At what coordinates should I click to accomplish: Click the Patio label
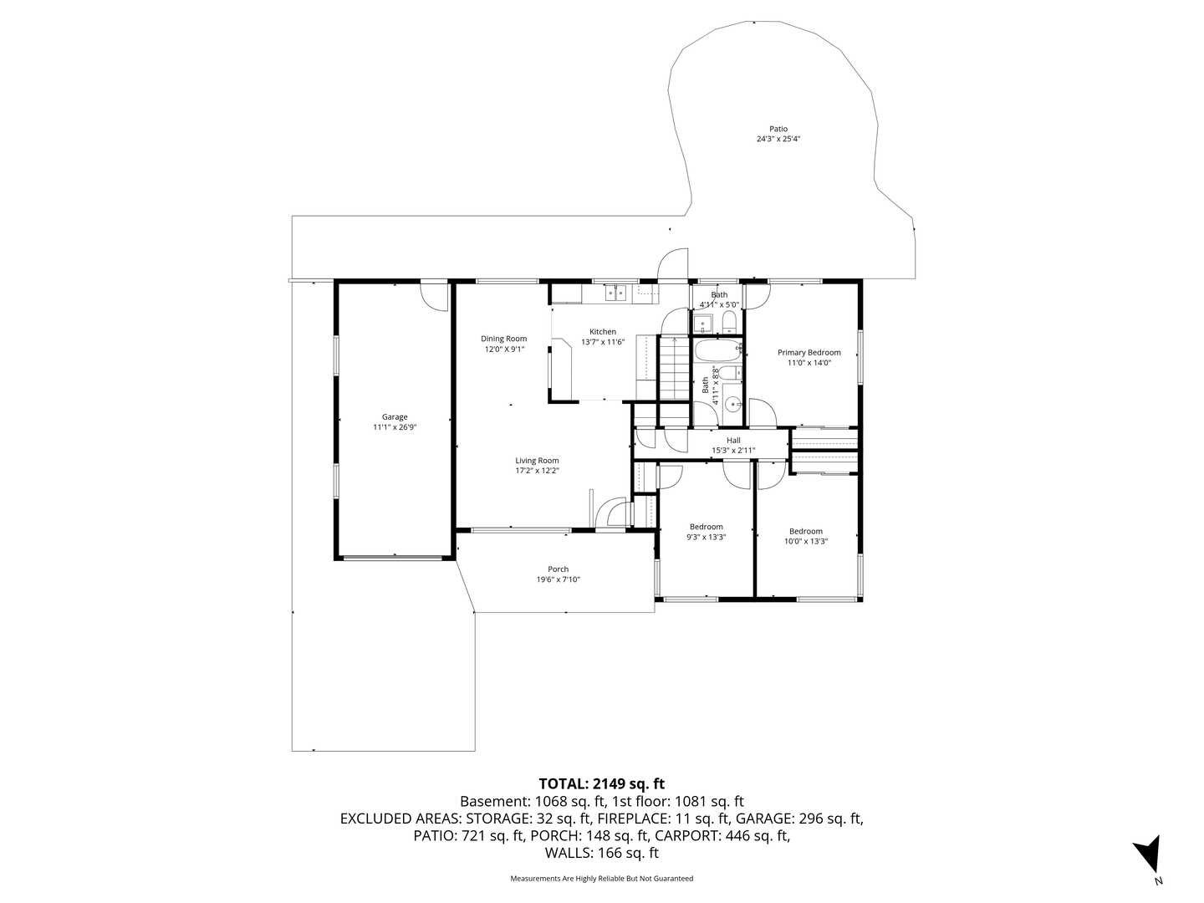coord(778,129)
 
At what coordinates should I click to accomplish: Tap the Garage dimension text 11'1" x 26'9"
coord(395,427)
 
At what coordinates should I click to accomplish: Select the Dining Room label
coord(503,339)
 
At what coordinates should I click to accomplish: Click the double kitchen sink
coord(616,292)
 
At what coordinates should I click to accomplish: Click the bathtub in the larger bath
coord(718,349)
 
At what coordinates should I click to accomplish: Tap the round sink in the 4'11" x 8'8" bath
coord(733,405)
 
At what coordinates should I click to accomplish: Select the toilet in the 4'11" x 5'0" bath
coord(728,323)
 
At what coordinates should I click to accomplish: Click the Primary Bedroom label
coord(809,352)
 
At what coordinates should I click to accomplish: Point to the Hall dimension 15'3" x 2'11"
coord(733,451)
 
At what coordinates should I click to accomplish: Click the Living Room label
coord(537,461)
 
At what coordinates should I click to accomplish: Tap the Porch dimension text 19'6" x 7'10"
coord(558,579)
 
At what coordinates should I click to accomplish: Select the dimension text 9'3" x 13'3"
coord(707,538)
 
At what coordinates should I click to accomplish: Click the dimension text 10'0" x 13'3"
coord(806,541)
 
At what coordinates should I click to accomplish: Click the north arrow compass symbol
coord(1149,855)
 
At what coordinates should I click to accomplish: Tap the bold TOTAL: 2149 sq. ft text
coord(601,783)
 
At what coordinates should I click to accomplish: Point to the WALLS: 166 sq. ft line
coord(601,853)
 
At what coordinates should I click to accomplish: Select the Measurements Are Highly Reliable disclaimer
coord(601,879)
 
